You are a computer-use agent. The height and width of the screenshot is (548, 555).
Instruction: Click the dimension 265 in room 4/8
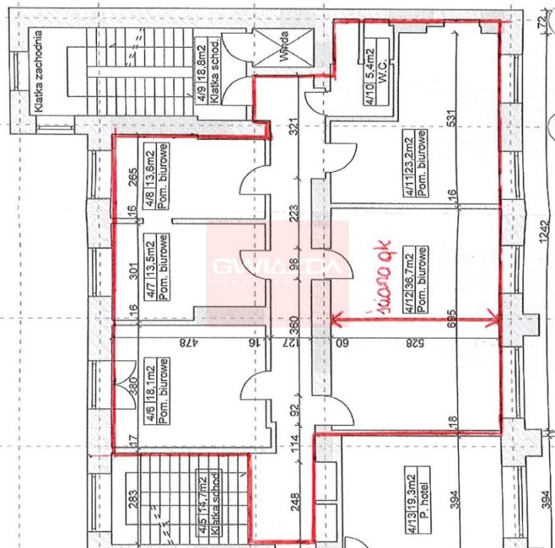pyautogui.click(x=131, y=175)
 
